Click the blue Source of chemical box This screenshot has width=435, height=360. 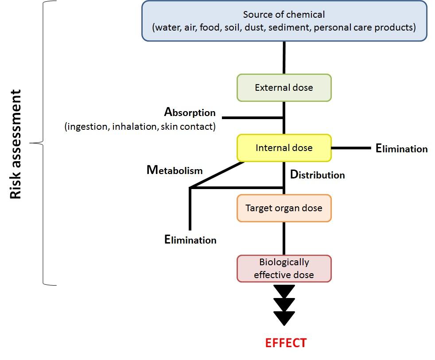point(284,21)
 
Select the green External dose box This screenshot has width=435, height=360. point(284,88)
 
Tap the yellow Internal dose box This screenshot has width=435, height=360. point(284,148)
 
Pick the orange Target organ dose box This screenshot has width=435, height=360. point(284,208)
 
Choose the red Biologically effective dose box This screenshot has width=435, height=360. point(284,268)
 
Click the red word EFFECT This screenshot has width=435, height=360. point(286,343)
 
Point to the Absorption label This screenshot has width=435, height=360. point(190,112)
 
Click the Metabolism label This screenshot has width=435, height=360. point(175,170)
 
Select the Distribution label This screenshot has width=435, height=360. point(317,174)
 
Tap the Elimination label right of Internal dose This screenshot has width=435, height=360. point(401,148)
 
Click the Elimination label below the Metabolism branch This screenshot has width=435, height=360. point(190,240)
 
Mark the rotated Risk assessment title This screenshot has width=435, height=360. point(16,144)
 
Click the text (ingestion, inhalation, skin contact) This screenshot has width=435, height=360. point(140,127)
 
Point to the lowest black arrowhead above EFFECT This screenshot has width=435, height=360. point(284,317)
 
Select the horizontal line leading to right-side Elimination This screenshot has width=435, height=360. point(351,148)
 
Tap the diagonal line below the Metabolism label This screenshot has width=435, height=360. point(217,175)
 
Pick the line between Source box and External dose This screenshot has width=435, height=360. point(284,58)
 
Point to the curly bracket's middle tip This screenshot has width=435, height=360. point(32,143)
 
